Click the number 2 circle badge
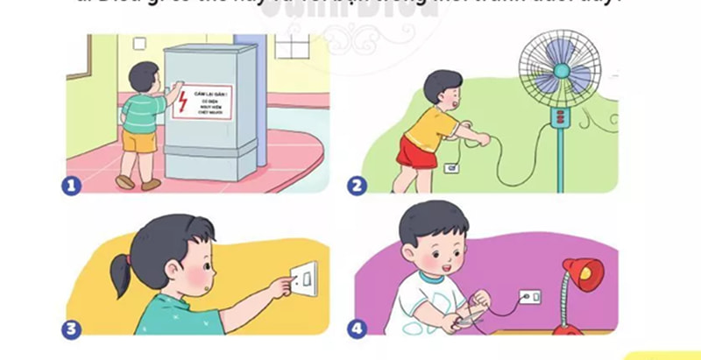coord(357,185)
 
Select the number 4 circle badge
coord(357,329)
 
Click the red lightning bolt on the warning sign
coord(183,103)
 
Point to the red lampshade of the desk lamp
coord(582,272)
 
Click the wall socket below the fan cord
coord(453,168)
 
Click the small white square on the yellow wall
coord(139,43)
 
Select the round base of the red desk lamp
coord(569,329)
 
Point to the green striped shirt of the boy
coord(140,110)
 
